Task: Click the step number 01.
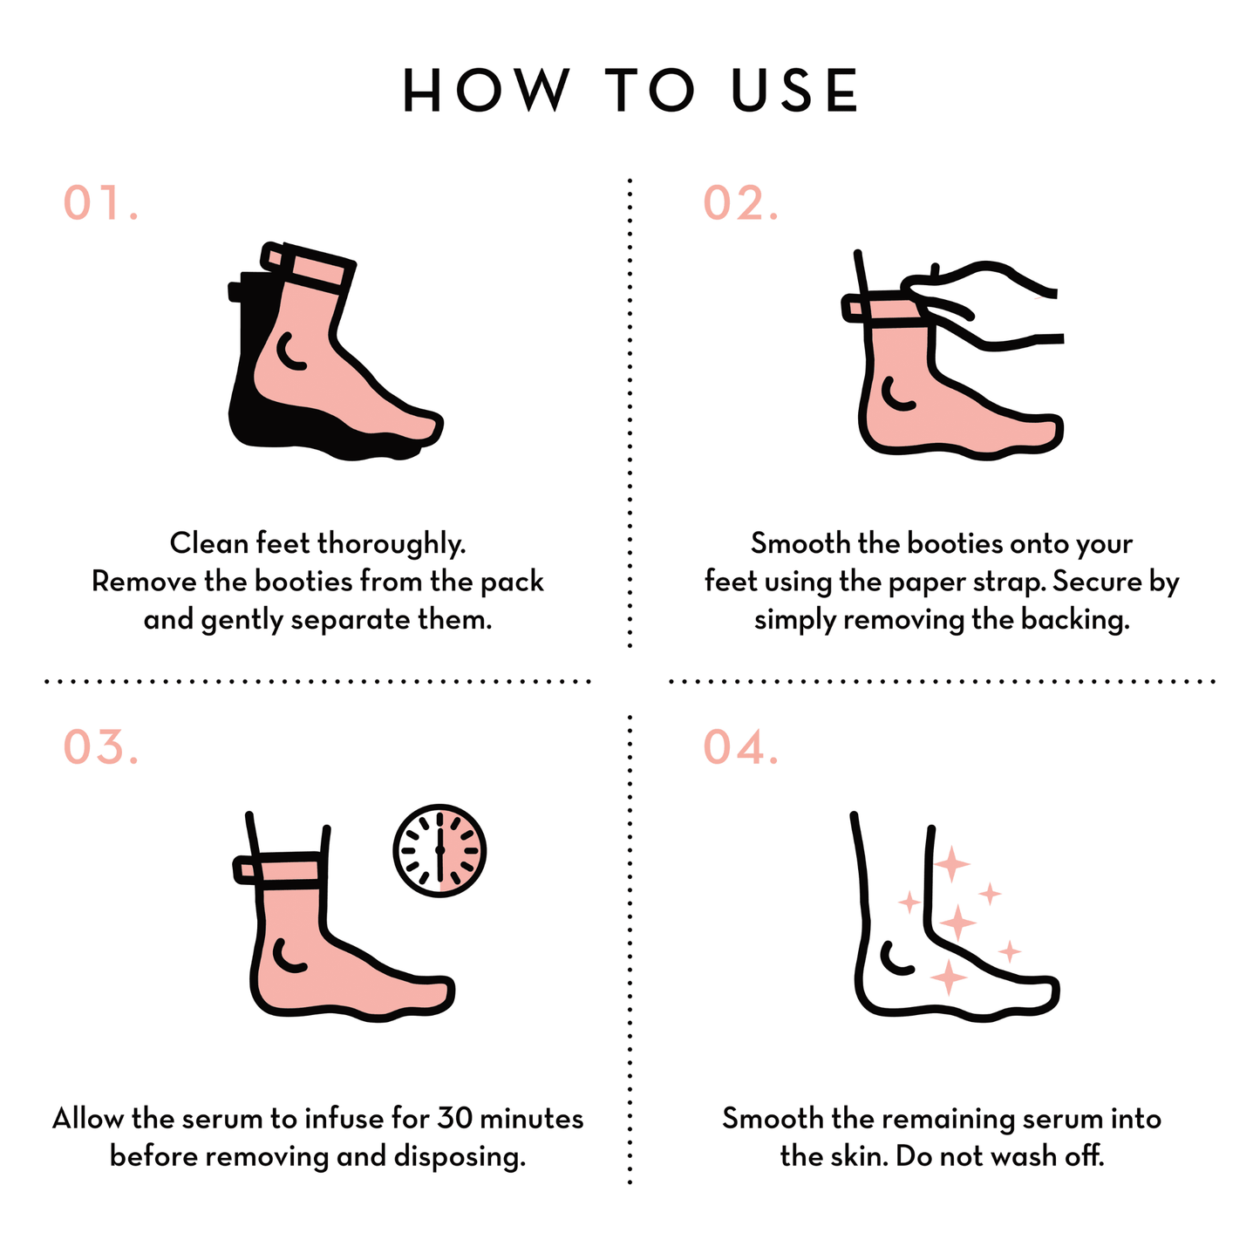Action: pyautogui.click(x=101, y=202)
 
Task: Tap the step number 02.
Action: pyautogui.click(x=741, y=202)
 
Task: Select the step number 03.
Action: pyautogui.click(x=101, y=746)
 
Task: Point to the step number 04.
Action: pyautogui.click(x=741, y=746)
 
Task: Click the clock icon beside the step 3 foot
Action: pyautogui.click(x=439, y=850)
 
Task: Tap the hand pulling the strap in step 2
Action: pyautogui.click(x=981, y=304)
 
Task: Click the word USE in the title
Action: pyautogui.click(x=793, y=90)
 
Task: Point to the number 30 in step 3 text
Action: pyautogui.click(x=455, y=1118)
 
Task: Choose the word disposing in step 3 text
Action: pyautogui.click(x=460, y=1157)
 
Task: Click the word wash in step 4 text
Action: pyautogui.click(x=1025, y=1156)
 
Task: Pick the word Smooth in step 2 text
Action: pyautogui.click(x=800, y=543)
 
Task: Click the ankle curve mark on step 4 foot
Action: pyautogui.click(x=895, y=958)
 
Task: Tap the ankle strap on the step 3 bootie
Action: pyautogui.click(x=278, y=872)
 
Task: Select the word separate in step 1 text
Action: pyautogui.click(x=350, y=621)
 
